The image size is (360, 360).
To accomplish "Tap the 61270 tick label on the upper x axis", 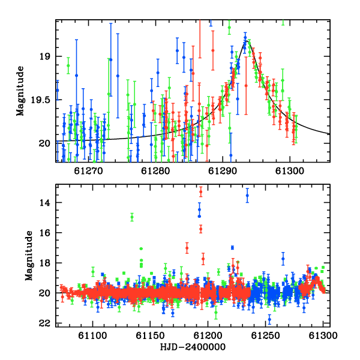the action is [x=89, y=171].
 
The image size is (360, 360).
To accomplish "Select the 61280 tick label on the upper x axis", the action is [x=155, y=171].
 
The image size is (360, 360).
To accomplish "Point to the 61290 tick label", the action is [x=223, y=171].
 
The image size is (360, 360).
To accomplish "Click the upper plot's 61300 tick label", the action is [x=290, y=171].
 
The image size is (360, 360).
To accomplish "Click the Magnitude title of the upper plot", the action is [x=20, y=91].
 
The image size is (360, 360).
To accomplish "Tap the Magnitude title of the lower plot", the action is [x=29, y=256].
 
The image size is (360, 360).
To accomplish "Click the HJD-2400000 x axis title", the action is [x=193, y=347].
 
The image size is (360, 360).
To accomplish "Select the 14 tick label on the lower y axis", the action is [x=44, y=203].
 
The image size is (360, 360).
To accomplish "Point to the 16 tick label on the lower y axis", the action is [x=44, y=233].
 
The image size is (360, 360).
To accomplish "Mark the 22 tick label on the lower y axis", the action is [x=44, y=323].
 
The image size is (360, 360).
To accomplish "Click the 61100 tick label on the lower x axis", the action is [x=92, y=335].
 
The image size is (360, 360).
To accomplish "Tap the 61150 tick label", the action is [x=150, y=335].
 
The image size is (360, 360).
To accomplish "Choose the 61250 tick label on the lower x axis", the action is [x=266, y=335].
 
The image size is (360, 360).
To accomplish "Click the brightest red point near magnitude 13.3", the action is [x=201, y=192].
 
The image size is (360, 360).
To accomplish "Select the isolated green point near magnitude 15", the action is [x=132, y=217].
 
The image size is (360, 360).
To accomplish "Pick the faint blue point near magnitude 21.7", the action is [x=269, y=319].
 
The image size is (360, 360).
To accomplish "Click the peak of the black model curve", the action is [x=247, y=41].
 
